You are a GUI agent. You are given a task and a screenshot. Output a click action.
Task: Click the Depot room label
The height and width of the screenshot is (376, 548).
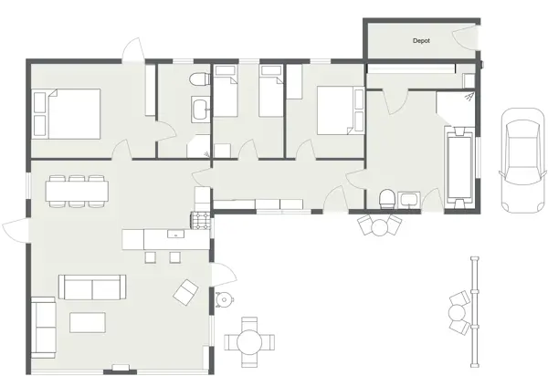(421, 41)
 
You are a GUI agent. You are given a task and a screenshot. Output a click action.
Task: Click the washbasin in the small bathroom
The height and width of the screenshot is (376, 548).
(200, 110)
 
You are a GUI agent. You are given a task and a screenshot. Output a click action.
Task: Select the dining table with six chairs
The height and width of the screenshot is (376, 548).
(78, 190)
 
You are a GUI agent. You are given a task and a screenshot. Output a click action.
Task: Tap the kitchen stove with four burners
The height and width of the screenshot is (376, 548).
(199, 219)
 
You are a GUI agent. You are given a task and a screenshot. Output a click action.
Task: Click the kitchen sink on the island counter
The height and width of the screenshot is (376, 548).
(174, 235)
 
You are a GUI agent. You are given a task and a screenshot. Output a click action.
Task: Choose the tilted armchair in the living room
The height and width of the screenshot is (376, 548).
(186, 291)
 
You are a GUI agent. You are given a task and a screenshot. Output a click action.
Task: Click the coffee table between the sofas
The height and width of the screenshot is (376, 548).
(82, 322)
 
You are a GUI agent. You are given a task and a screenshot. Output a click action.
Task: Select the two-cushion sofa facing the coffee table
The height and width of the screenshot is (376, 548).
(90, 287)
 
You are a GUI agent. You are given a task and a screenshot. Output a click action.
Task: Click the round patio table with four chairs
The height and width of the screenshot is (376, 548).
(249, 341)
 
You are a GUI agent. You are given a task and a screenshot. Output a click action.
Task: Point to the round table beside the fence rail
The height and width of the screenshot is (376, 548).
(457, 313)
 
